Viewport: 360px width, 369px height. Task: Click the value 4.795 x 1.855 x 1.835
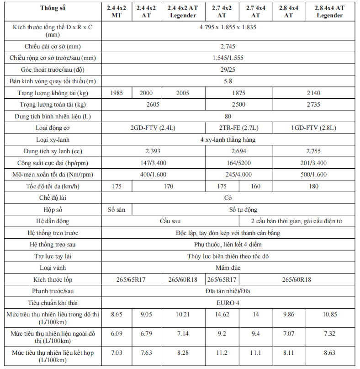[x=228, y=27]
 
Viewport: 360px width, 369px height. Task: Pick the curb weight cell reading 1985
[x=116, y=93]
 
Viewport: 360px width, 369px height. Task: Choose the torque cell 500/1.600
[x=314, y=175]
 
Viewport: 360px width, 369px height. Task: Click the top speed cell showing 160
[x=256, y=186]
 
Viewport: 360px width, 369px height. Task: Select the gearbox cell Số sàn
[x=116, y=209]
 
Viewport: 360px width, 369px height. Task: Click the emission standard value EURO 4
[x=228, y=302]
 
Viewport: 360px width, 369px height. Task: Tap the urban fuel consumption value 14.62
[x=222, y=315]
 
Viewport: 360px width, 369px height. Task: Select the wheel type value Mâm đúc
[x=228, y=267]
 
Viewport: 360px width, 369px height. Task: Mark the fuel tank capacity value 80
[x=228, y=116]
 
